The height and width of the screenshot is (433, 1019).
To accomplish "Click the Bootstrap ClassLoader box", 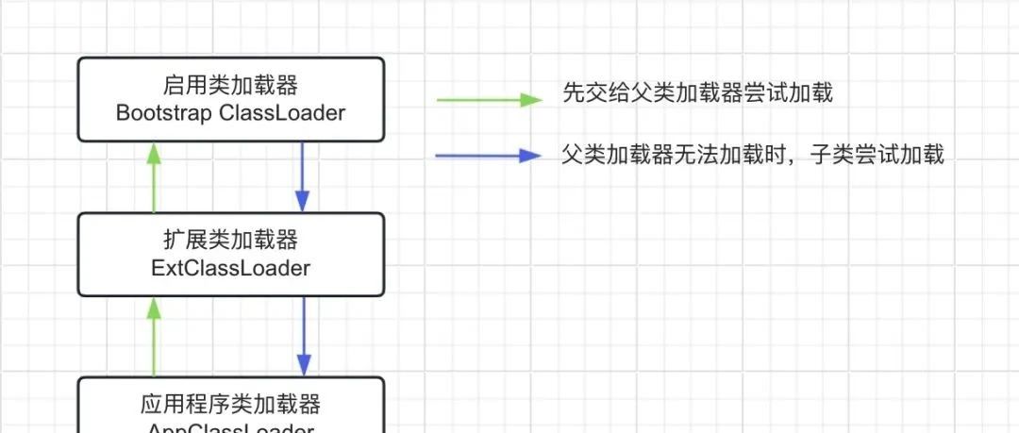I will click(x=230, y=99).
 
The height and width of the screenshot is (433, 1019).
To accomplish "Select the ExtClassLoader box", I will click(x=230, y=254).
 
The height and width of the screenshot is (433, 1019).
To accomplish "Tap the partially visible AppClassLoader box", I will click(x=230, y=408).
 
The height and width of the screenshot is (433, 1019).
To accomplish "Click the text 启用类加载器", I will click(x=230, y=86).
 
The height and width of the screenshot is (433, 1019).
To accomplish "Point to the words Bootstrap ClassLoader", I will click(x=230, y=113).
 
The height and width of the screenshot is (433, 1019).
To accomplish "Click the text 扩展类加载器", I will click(x=230, y=241).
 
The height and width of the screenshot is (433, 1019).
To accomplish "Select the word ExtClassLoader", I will click(x=230, y=268).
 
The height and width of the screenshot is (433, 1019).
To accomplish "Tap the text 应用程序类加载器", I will click(x=230, y=405).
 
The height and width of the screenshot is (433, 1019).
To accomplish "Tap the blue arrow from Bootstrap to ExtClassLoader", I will click(x=302, y=175).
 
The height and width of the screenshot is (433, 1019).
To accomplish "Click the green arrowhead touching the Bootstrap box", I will click(x=155, y=152).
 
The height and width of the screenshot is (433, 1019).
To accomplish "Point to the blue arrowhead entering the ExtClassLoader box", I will click(x=302, y=201).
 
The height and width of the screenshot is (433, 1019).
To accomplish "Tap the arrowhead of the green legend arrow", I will click(x=533, y=99).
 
